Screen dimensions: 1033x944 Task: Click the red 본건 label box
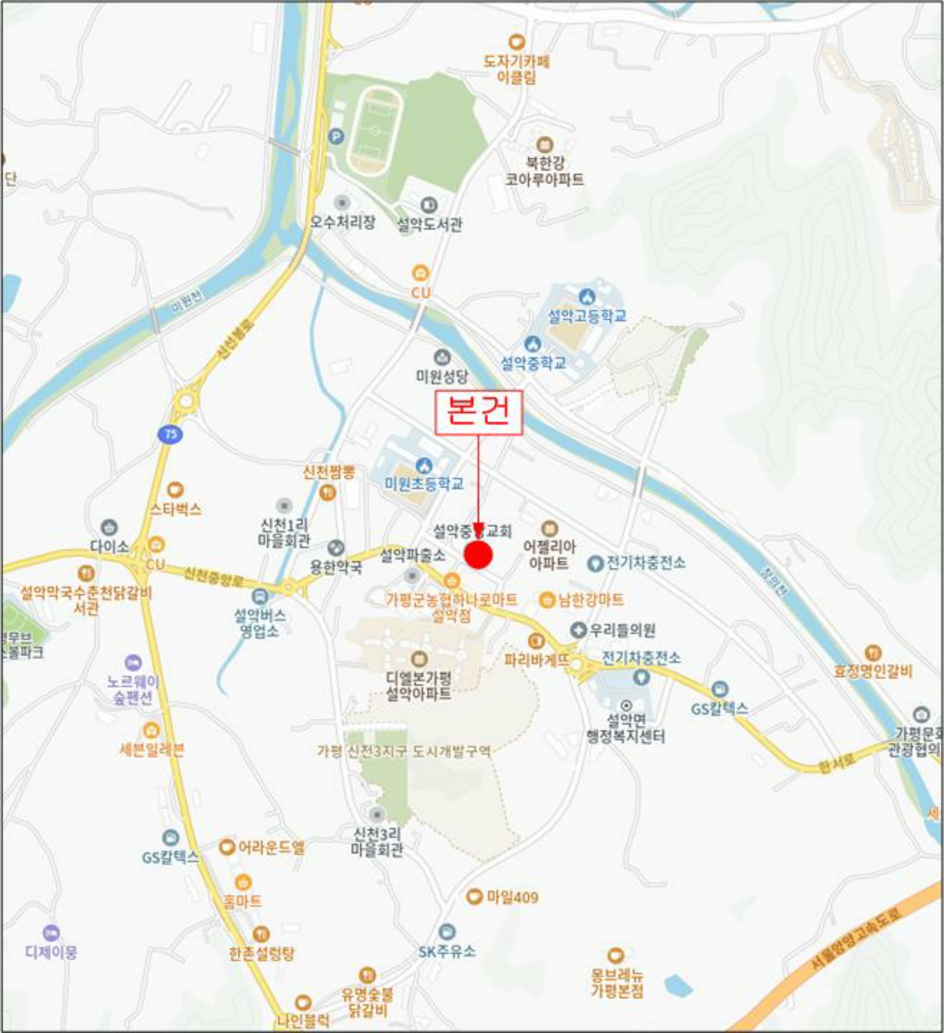pos(479,413)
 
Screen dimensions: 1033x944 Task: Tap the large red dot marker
pos(478,555)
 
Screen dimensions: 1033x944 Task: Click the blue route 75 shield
pos(170,434)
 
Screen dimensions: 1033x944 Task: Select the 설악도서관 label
pos(430,224)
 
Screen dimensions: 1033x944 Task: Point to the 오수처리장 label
pos(343,222)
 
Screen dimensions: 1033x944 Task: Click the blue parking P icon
pos(336,136)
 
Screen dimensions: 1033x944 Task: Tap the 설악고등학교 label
pos(587,316)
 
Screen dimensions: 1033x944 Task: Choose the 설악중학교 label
pos(533,363)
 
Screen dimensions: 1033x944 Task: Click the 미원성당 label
pos(442,376)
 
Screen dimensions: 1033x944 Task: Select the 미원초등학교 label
pos(424,483)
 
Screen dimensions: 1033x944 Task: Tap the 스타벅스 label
pos(176,509)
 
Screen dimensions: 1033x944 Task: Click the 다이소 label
pos(110,546)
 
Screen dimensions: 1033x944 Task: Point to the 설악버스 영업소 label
pos(259,623)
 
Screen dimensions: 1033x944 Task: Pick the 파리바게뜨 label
pos(537,660)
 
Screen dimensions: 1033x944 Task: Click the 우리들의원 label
pos(623,631)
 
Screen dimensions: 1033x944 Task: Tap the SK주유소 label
pos(447,951)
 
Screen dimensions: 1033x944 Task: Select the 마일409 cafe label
pos(512,897)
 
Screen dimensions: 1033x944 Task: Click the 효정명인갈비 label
pos(873,671)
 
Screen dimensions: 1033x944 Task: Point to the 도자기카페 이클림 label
pos(517,69)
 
